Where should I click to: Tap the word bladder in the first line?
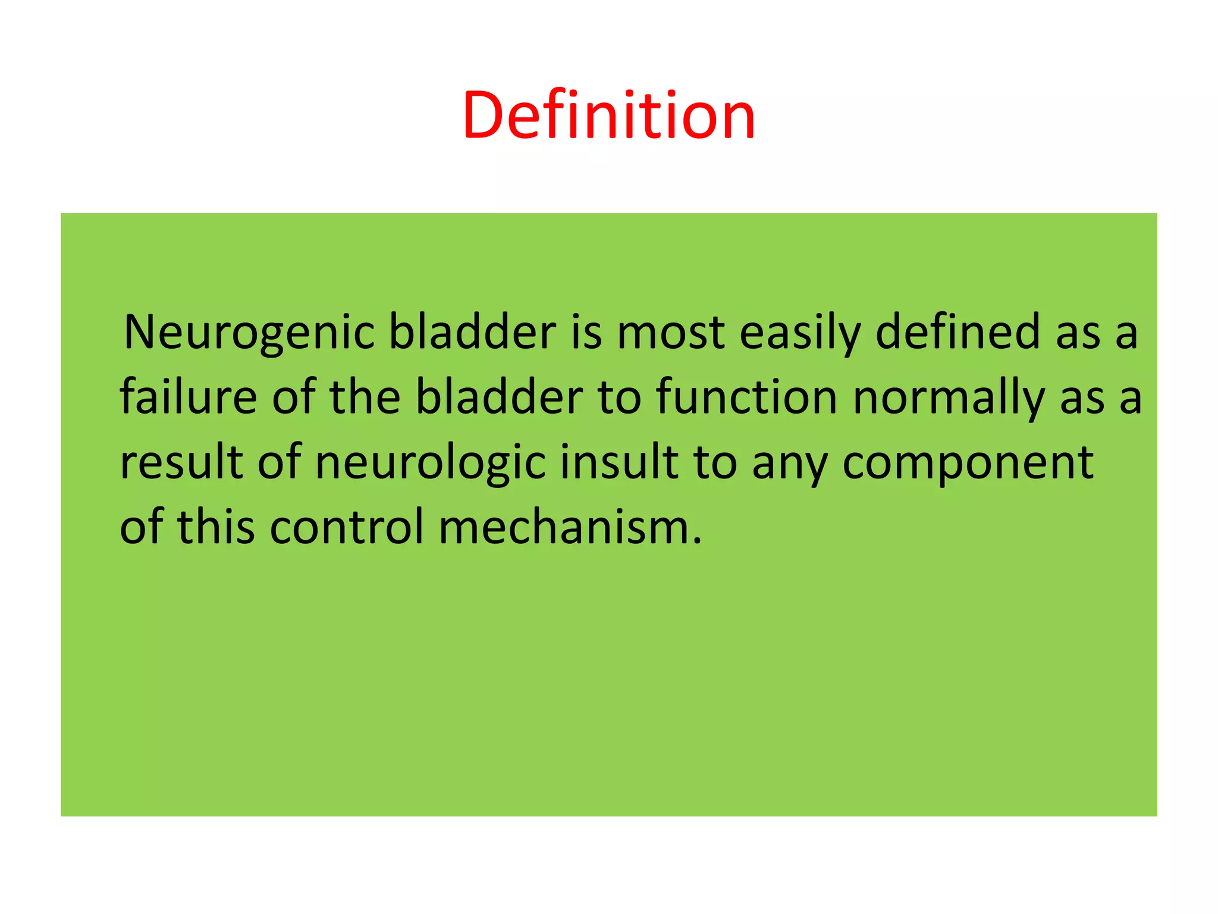click(472, 332)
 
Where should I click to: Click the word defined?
click(958, 332)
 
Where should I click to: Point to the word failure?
click(188, 397)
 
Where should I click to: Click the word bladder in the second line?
click(498, 397)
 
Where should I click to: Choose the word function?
click(746, 397)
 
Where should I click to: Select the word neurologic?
click(430, 462)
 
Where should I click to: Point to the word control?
click(347, 527)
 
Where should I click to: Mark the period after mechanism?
click(698, 541)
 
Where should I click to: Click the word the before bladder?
click(365, 397)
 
